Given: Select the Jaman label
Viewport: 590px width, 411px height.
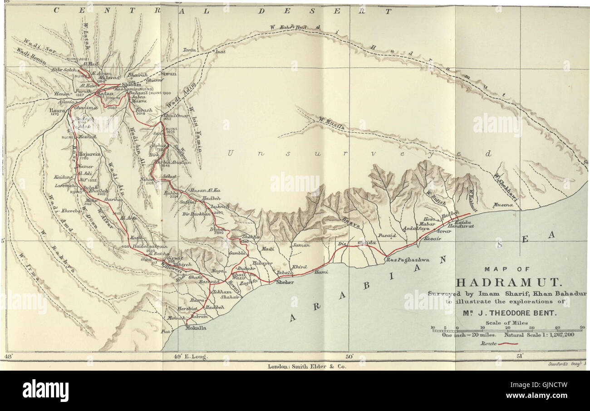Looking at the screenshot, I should [301, 245].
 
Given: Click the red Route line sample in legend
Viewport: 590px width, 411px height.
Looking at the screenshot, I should [508, 344].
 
